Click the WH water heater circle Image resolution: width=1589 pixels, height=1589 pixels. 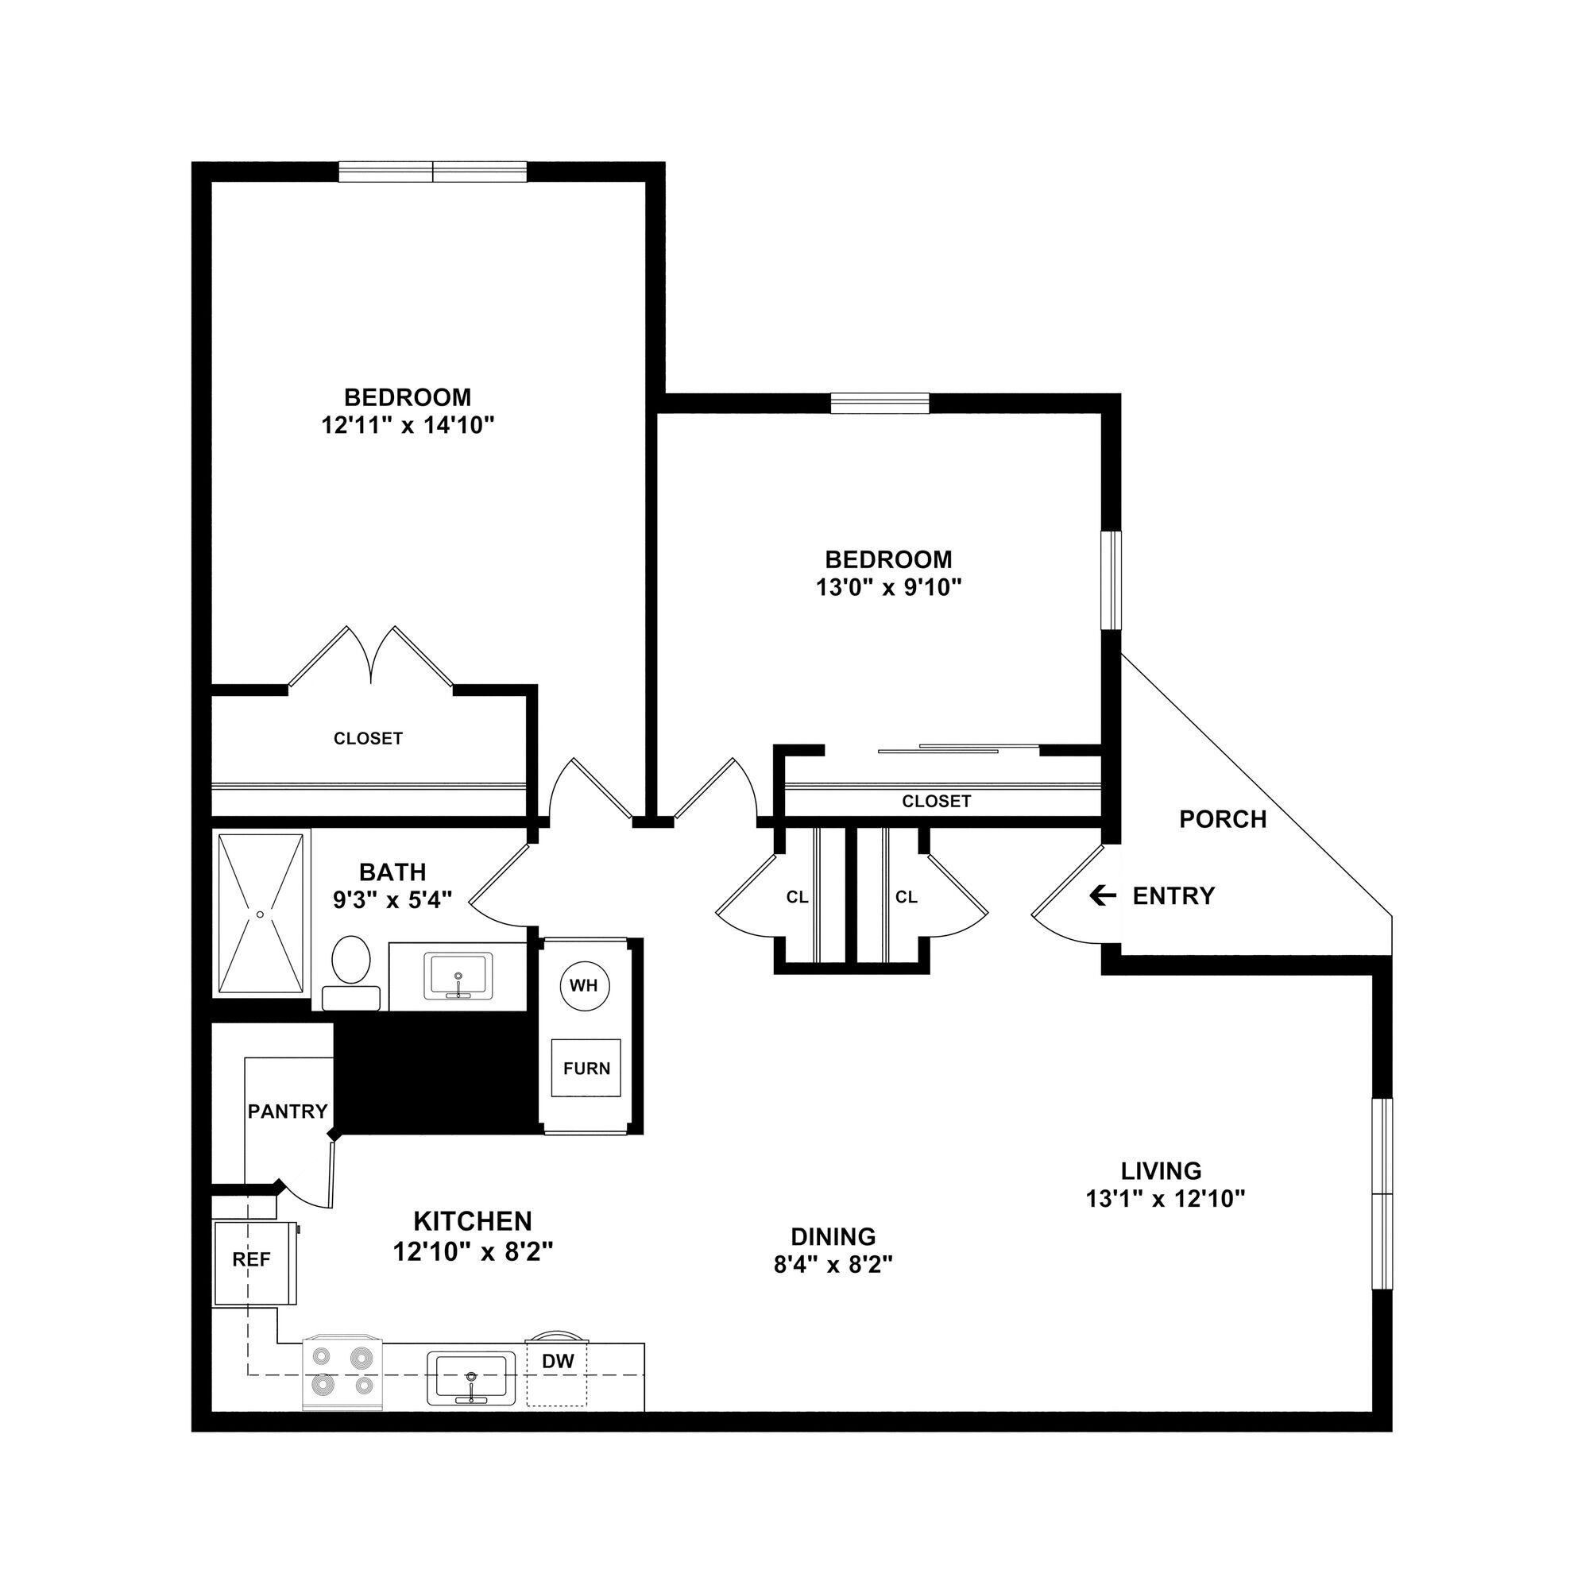click(x=584, y=985)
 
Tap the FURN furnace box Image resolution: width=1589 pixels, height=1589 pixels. click(x=586, y=1069)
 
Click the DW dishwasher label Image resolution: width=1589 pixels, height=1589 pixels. click(x=558, y=1361)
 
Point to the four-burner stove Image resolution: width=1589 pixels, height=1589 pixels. click(x=342, y=1373)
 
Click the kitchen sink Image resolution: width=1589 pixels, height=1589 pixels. click(x=470, y=1378)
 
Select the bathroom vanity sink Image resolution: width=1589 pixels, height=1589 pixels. click(x=458, y=976)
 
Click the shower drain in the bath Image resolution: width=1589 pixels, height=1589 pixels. click(x=260, y=914)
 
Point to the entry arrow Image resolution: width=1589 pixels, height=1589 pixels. click(x=1102, y=895)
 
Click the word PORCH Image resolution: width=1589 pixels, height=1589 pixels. click(x=1222, y=819)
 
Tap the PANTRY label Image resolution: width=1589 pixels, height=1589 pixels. click(x=288, y=1112)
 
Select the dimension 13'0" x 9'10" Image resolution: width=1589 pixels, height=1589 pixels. click(x=888, y=587)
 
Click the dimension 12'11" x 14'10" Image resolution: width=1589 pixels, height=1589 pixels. click(x=407, y=425)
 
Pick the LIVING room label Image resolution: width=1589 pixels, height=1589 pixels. click(x=1161, y=1170)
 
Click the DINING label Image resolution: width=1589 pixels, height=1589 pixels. click(x=833, y=1236)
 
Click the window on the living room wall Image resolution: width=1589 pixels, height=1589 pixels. click(x=1383, y=1193)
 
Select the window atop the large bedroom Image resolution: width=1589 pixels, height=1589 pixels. click(x=433, y=172)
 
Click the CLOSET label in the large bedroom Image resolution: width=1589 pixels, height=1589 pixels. click(x=368, y=739)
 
